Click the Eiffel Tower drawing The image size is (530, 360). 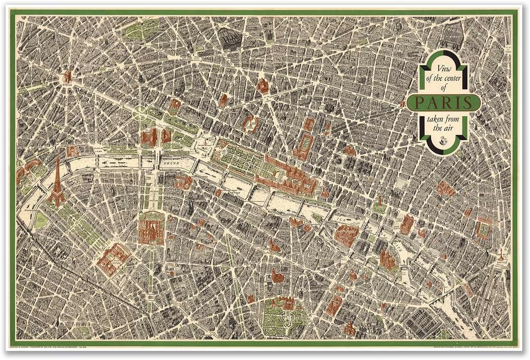coord(56,184)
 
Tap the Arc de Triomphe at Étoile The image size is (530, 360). coord(67,77)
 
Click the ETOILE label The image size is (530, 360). coord(67,86)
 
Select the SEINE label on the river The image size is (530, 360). coord(172,164)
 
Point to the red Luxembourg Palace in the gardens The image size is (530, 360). coord(286,303)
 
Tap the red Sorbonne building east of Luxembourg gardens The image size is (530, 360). coord(334,305)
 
